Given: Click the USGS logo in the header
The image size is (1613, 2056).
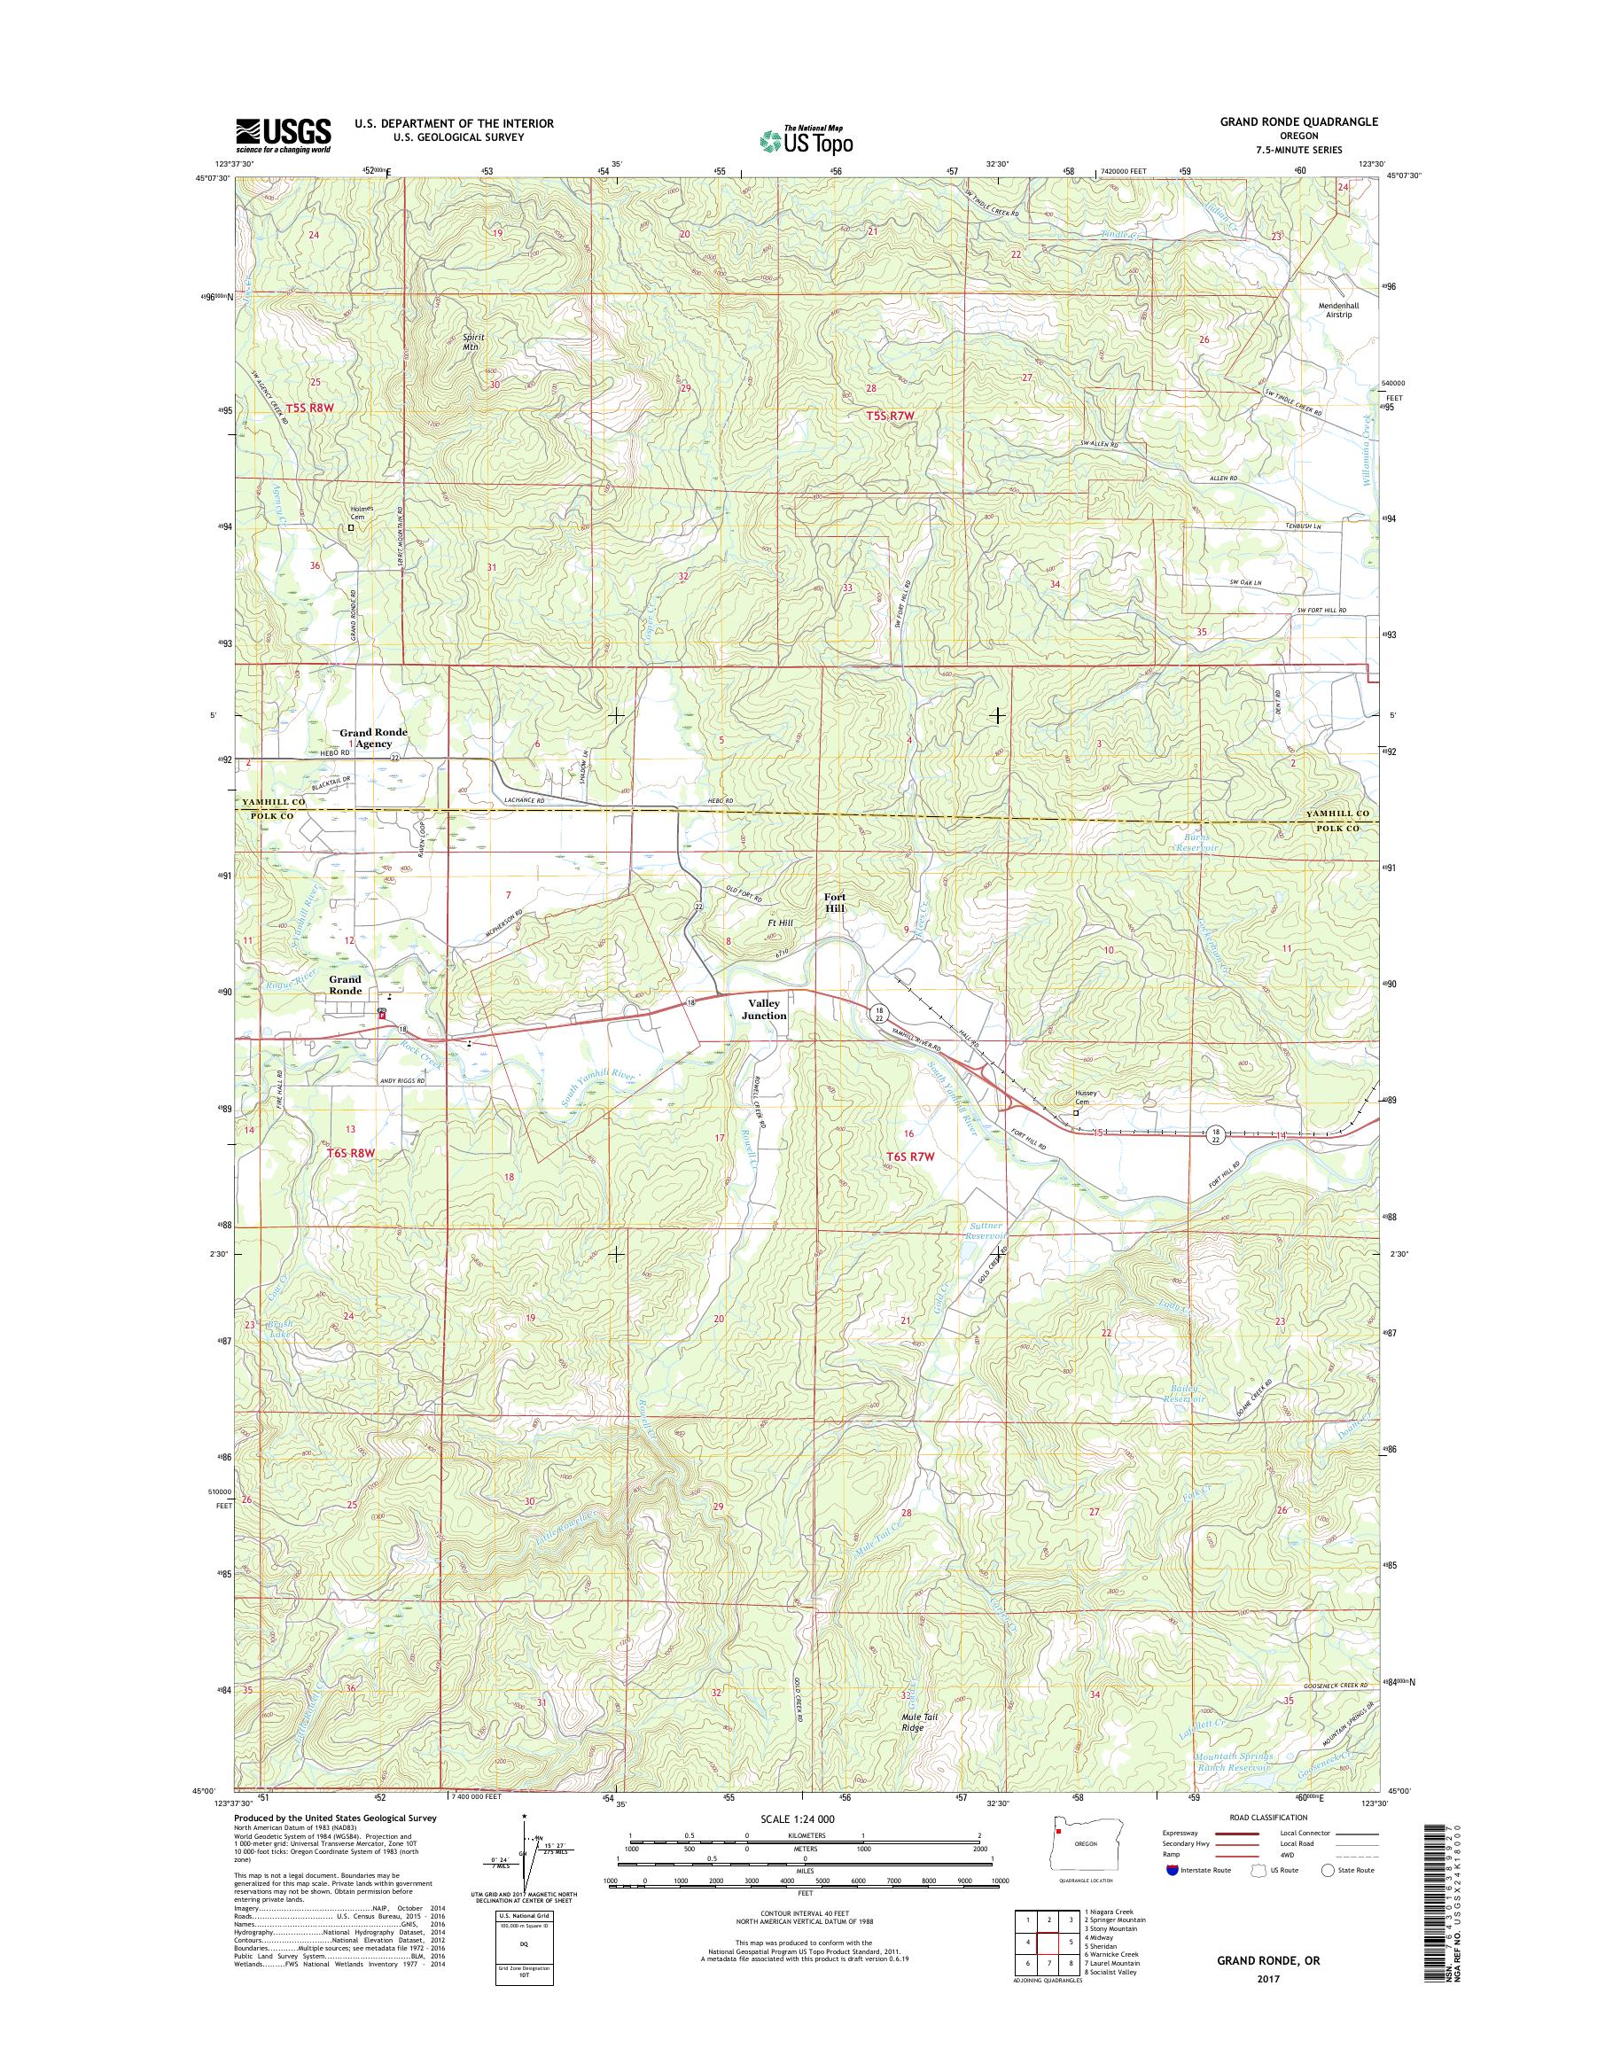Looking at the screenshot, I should click(283, 135).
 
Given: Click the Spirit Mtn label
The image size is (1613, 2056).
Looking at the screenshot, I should click(471, 341).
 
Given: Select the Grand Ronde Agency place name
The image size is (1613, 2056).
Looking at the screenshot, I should click(374, 737).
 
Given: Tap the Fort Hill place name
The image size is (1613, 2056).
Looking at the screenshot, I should click(834, 902).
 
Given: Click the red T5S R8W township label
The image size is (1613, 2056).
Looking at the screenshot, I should click(311, 407).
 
